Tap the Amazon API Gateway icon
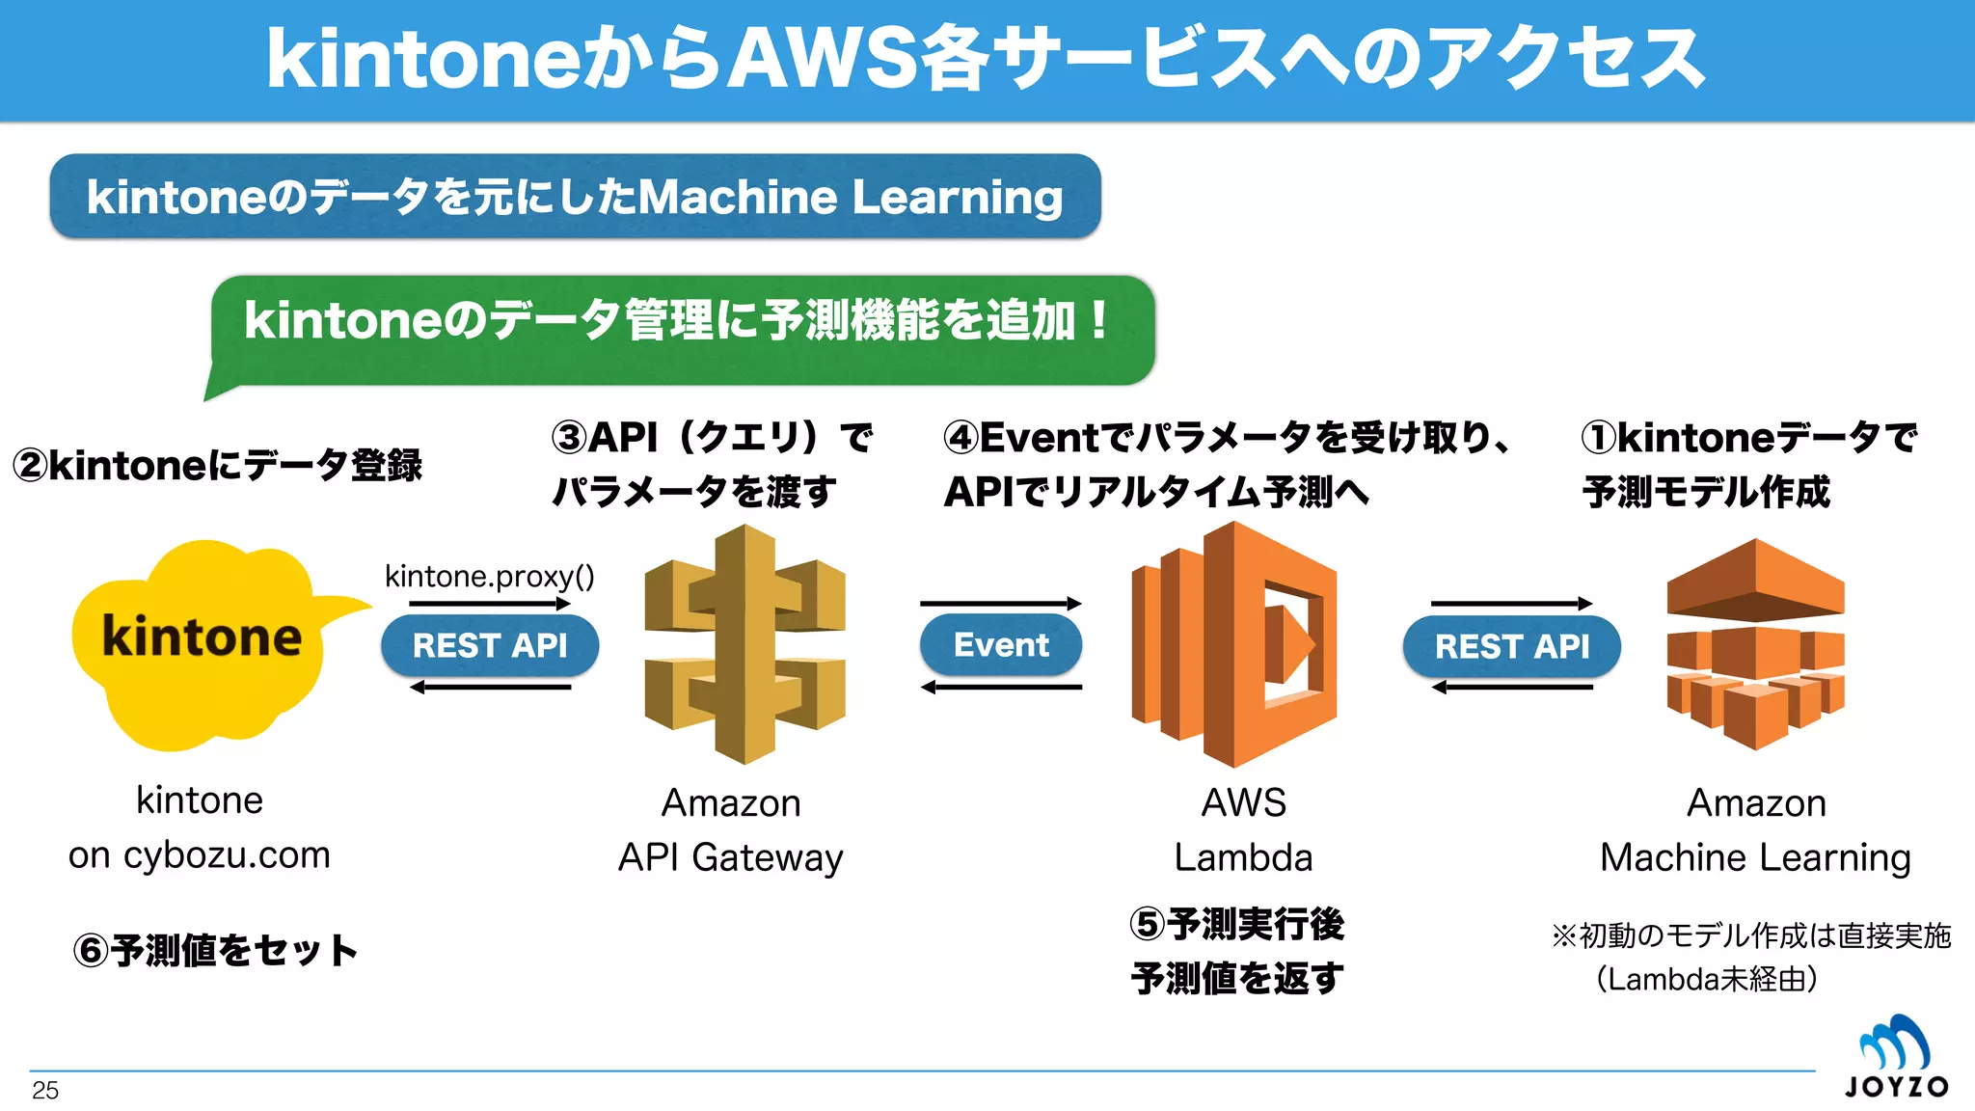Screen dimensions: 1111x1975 [x=744, y=643]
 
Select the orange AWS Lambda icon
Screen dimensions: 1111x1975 [x=1234, y=643]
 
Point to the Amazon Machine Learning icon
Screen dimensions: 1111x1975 [x=1755, y=643]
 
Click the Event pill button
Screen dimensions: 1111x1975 [x=1001, y=644]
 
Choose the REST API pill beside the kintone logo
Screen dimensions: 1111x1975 [x=490, y=645]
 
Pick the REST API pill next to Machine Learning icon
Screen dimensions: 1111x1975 [x=1511, y=646]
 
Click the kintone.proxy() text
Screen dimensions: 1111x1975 [x=489, y=576]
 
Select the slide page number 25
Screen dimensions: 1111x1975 [x=45, y=1091]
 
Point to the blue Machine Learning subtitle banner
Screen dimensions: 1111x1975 [x=575, y=197]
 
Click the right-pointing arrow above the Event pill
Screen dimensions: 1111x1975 [x=1001, y=604]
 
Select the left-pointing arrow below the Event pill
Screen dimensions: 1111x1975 [x=1001, y=687]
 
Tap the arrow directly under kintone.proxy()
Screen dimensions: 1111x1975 [x=490, y=604]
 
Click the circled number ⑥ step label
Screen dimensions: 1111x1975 [x=91, y=951]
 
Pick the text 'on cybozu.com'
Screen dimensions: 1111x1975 [x=200, y=855]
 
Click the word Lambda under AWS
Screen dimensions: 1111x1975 [x=1243, y=857]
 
